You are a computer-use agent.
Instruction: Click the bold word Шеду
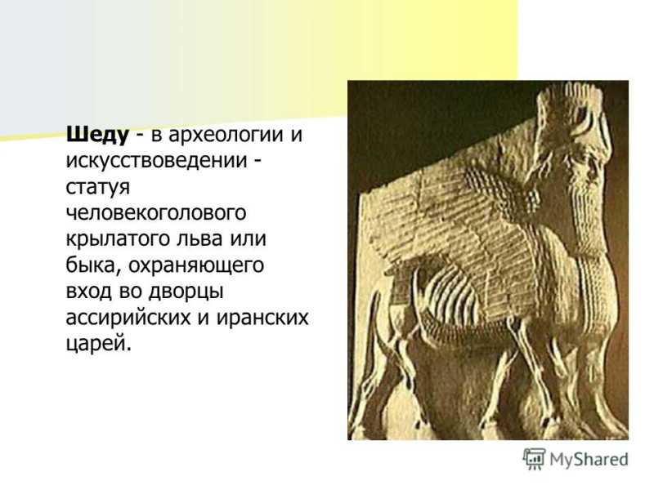97,135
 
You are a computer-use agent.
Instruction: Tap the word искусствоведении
156,162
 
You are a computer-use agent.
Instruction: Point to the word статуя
97,188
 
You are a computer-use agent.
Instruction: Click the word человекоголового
156,213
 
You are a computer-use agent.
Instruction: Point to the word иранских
262,318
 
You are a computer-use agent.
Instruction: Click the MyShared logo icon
534,459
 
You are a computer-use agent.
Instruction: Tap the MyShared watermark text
589,460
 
